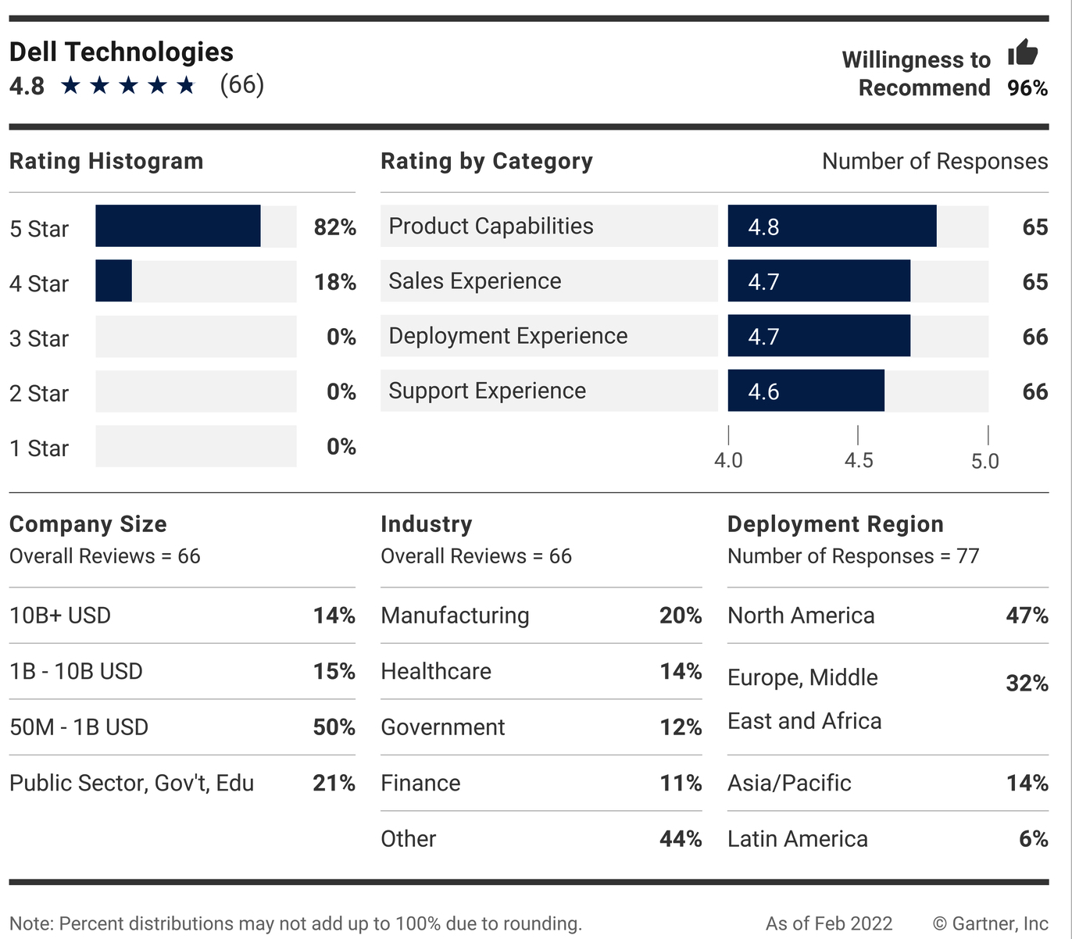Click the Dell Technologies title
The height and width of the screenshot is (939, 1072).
click(x=121, y=52)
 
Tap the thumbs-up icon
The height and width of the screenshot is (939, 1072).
click(x=1023, y=52)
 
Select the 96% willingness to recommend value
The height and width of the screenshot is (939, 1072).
click(x=1027, y=88)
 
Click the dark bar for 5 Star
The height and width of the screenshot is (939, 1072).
click(x=178, y=227)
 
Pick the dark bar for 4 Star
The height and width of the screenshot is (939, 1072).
click(x=114, y=281)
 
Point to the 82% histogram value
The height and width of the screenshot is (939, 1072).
click(x=334, y=227)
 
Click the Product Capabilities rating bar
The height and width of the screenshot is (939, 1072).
click(x=831, y=227)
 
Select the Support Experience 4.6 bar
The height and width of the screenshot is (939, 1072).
click(x=806, y=391)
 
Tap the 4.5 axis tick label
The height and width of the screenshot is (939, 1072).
click(x=858, y=460)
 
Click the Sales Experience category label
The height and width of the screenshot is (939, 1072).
click(x=475, y=281)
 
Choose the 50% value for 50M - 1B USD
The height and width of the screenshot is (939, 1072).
click(x=334, y=727)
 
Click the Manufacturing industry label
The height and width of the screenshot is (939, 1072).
click(x=455, y=616)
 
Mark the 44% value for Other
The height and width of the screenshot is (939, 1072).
click(x=680, y=839)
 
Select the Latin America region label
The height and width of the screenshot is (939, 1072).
click(x=797, y=839)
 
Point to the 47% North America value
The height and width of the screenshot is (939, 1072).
click(x=1027, y=616)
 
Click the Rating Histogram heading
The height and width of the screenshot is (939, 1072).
click(x=106, y=161)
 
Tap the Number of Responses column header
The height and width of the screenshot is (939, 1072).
click(x=934, y=161)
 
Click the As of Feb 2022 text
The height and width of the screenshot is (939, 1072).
click(x=828, y=923)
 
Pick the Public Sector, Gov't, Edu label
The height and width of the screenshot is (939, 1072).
click(x=131, y=783)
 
